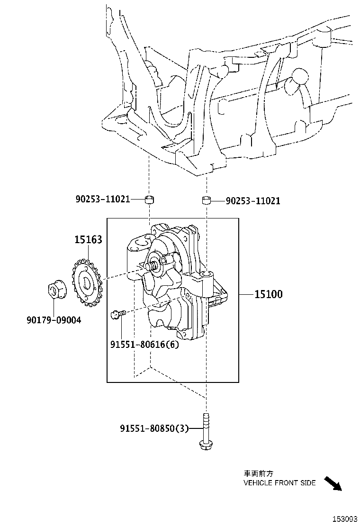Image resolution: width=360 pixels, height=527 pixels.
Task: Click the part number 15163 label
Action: [x=88, y=240]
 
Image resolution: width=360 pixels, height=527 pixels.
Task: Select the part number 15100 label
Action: [x=268, y=294]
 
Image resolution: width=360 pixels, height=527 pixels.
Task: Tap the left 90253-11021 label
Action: [x=102, y=200]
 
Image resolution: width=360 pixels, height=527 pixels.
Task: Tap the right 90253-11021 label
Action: [x=253, y=201]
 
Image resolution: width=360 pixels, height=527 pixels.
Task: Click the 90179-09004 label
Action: [x=54, y=320]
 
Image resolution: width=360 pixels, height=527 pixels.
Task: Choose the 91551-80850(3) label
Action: [x=154, y=429]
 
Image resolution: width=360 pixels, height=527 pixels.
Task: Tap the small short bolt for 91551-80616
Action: [x=118, y=313]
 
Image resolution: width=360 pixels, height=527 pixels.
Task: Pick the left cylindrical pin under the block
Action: [x=150, y=199]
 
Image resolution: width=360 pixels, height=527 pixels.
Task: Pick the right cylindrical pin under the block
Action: [x=207, y=200]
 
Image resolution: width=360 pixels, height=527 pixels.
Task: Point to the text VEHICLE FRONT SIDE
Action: [x=279, y=483]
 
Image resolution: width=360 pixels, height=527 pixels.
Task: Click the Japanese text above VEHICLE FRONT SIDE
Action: [x=259, y=473]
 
